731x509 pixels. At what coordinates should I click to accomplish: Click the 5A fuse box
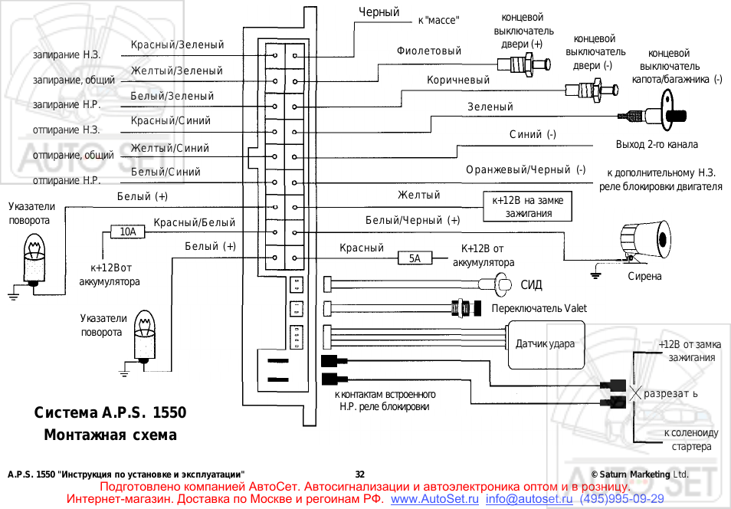(x=415, y=258)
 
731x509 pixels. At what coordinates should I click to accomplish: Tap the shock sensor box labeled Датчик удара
(x=545, y=345)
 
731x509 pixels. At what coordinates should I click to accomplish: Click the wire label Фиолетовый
(x=429, y=51)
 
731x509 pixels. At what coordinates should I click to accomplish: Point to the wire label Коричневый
(x=458, y=80)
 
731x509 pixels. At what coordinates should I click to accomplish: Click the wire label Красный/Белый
(x=195, y=223)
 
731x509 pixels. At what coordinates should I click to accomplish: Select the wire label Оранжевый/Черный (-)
(x=526, y=169)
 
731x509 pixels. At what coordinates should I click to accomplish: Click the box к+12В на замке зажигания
(x=528, y=206)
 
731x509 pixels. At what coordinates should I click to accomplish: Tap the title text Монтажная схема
(x=110, y=435)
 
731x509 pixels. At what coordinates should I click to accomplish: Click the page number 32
(x=360, y=475)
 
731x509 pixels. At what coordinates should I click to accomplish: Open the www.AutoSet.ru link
(x=435, y=500)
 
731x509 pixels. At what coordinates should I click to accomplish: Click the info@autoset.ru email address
(x=529, y=500)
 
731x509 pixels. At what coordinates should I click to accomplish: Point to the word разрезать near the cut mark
(x=671, y=393)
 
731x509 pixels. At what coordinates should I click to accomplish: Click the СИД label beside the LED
(x=531, y=286)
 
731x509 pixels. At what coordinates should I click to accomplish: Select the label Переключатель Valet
(x=539, y=308)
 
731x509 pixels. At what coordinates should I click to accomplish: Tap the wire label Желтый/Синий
(x=170, y=148)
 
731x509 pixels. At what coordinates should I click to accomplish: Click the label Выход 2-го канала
(x=657, y=144)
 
